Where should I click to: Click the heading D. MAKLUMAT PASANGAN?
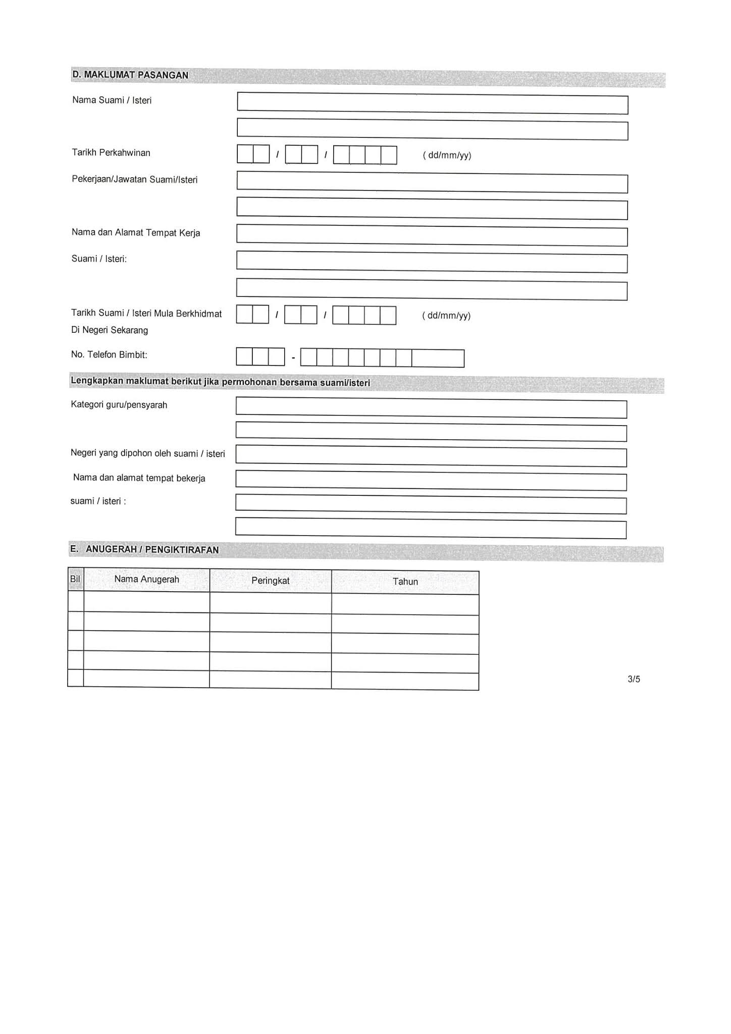pyautogui.click(x=130, y=75)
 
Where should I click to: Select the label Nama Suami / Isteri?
pyautogui.click(x=112, y=100)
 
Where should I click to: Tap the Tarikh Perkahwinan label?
pyautogui.click(x=111, y=152)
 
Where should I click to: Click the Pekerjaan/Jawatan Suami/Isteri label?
pyautogui.click(x=135, y=180)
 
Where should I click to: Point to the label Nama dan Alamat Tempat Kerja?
pyautogui.click(x=136, y=233)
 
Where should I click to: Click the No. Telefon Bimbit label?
pyautogui.click(x=109, y=354)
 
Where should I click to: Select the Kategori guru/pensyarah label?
pyautogui.click(x=119, y=404)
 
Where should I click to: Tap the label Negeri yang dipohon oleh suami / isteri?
pyautogui.click(x=148, y=453)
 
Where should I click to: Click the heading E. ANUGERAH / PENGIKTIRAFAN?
pyautogui.click(x=144, y=549)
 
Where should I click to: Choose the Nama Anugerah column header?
pyautogui.click(x=146, y=580)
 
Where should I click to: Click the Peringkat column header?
pyautogui.click(x=271, y=581)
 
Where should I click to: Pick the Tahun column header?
pyautogui.click(x=405, y=582)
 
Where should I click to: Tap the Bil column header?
pyautogui.click(x=75, y=579)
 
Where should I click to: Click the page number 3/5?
pyautogui.click(x=634, y=679)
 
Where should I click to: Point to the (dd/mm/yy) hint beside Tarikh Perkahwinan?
pyautogui.click(x=447, y=155)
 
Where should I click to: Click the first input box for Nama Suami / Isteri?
pyautogui.click(x=432, y=104)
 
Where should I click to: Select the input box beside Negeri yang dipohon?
pyautogui.click(x=431, y=456)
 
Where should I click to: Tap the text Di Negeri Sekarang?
pyautogui.click(x=110, y=330)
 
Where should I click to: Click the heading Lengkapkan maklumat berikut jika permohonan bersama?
pyautogui.click(x=221, y=382)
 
